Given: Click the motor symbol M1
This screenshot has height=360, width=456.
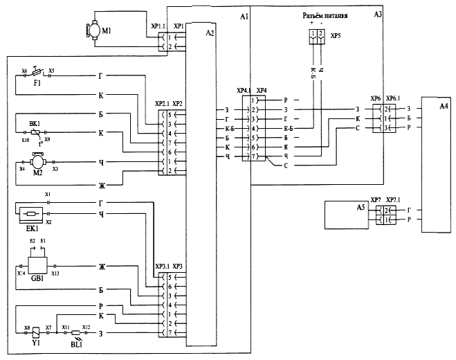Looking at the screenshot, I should point(91,30).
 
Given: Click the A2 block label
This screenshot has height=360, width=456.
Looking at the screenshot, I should point(210,33).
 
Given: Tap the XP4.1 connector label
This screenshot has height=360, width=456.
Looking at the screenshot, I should point(244,91).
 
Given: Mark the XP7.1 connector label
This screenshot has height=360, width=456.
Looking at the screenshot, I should point(394,200).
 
